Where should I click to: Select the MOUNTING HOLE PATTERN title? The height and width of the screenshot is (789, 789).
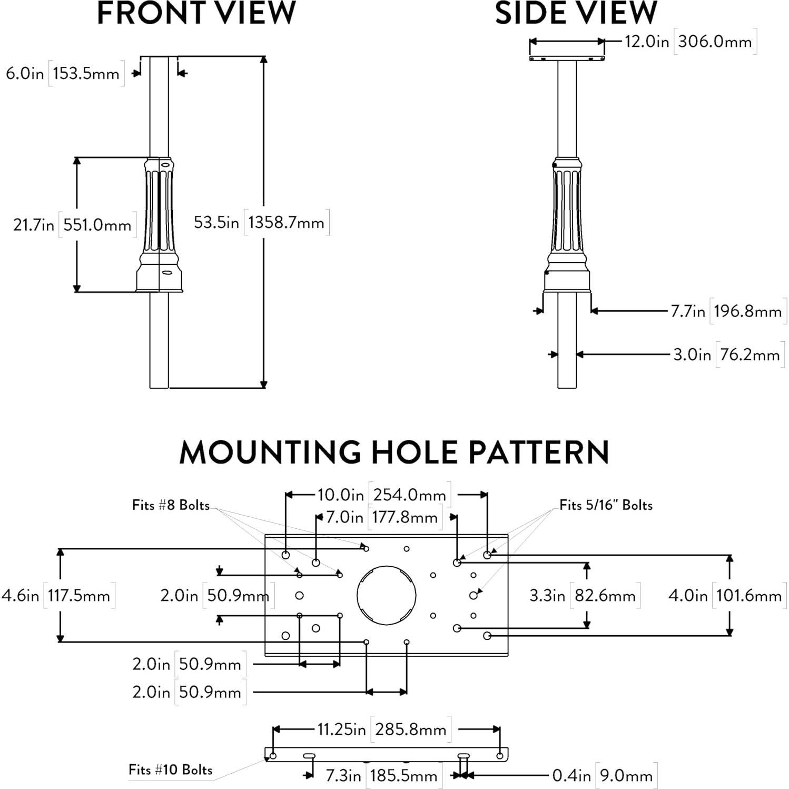394,452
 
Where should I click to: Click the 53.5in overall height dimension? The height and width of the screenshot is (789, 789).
260,222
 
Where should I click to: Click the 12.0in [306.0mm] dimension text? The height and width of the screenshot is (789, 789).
689,42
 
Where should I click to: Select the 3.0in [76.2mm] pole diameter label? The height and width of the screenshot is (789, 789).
727,354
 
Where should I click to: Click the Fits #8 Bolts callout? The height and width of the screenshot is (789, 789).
171,505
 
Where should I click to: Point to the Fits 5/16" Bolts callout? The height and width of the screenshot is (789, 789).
606,505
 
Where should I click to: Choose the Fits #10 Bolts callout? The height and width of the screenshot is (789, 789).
170,770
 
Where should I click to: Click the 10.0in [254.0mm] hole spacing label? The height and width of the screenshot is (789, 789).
383,495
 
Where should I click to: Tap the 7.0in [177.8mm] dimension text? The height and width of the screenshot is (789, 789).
382,517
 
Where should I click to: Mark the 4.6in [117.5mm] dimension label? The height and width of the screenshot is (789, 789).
56,596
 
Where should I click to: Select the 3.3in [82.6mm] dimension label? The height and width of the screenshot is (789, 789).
583,596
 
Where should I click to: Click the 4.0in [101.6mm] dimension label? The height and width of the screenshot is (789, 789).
725,596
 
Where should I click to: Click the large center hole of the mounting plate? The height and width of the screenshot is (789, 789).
386,595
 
